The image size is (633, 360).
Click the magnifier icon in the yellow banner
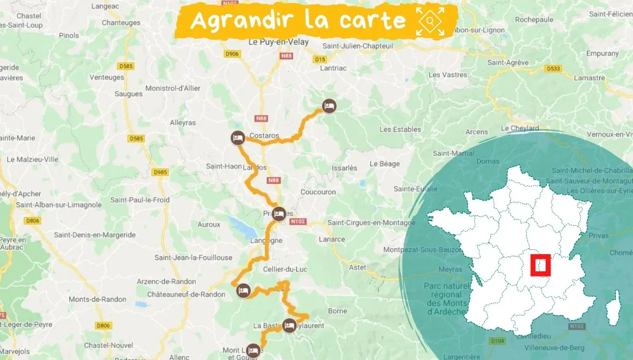tap(430, 20)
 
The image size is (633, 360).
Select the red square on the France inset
tap(540, 265)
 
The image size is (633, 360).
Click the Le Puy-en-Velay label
tap(278, 42)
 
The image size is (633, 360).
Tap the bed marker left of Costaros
tap(237, 138)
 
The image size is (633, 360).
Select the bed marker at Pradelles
tap(278, 214)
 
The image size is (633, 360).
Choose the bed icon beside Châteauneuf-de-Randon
tap(243, 291)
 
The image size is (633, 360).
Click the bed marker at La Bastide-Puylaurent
tap(289, 325)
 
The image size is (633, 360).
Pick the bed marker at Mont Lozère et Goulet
tap(252, 350)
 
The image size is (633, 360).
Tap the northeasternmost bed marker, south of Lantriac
tap(329, 106)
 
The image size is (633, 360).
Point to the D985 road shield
tap(160, 173)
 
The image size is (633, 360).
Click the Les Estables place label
tap(400, 130)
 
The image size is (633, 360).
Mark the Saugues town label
tap(128, 94)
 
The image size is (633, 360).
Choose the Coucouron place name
tap(318, 192)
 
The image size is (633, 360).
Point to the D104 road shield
tap(497, 341)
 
